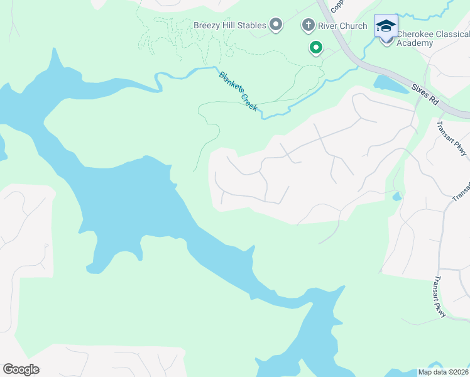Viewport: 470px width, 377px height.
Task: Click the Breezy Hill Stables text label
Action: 229,25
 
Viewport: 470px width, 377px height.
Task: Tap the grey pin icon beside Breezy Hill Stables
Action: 276,25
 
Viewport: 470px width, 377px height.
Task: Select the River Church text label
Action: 343,26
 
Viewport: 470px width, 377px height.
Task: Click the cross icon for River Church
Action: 308,26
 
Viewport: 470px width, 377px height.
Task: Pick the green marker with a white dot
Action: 315,48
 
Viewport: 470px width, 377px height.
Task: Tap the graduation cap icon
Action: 386,26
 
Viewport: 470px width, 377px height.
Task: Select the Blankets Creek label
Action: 238,91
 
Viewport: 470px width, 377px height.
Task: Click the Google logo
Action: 21,369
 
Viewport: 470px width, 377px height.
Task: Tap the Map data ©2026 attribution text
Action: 444,372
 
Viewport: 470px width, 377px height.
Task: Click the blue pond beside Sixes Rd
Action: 390,84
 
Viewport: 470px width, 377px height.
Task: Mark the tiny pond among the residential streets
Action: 396,197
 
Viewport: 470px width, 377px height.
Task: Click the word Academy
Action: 415,43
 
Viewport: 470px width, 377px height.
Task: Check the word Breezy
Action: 206,25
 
